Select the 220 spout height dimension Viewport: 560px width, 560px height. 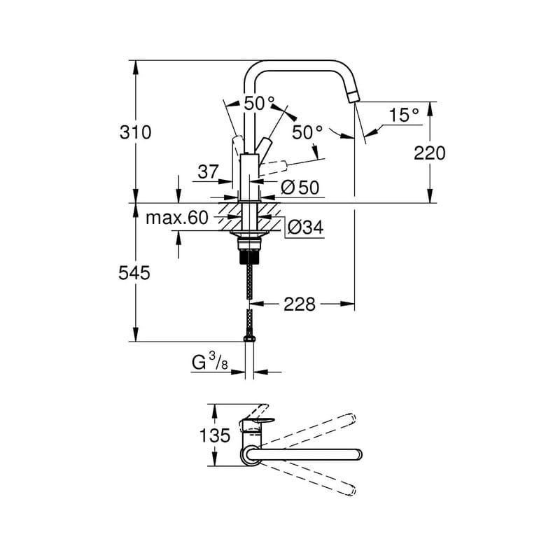tap(429, 153)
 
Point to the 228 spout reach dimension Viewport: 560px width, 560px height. tap(299, 304)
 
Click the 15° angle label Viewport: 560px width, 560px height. tap(404, 115)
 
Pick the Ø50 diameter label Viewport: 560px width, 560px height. tap(300, 188)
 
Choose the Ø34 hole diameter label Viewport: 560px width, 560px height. tap(304, 227)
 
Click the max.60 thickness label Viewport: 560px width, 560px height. tap(177, 218)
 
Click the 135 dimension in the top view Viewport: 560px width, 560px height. tap(214, 435)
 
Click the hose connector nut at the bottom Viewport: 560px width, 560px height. tap(250, 340)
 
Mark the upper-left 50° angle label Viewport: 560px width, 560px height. tap(260, 104)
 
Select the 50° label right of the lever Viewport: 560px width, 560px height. tap(308, 132)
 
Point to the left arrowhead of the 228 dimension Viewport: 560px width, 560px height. tap(255, 304)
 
